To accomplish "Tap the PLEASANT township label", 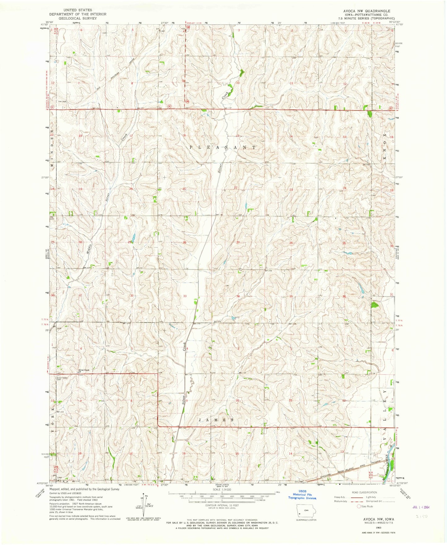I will coord(222,147).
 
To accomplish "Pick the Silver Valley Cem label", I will coord(62,378).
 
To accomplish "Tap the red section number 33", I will coord(185,296).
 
